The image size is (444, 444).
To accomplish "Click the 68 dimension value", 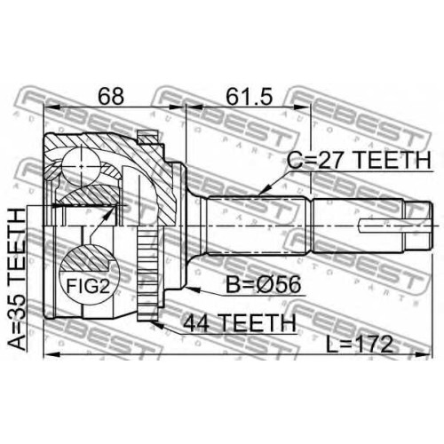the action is (111, 96).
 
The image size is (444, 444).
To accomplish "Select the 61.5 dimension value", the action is (249, 96).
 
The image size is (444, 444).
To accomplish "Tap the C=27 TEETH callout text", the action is (359, 160).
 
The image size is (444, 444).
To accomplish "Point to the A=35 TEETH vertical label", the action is (16, 279).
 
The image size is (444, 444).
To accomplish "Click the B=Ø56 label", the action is (263, 284).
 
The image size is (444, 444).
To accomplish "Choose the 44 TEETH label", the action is (239, 322).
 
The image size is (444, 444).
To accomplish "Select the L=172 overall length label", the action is (359, 345).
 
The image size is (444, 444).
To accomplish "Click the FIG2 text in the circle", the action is (88, 286).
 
